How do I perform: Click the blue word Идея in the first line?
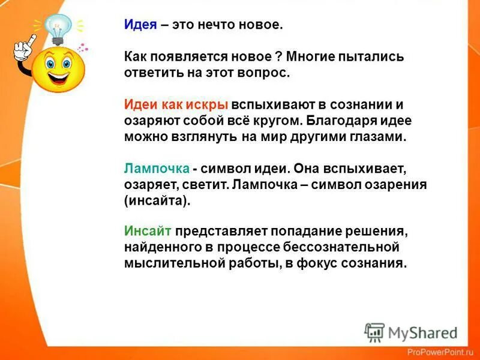click(x=141, y=26)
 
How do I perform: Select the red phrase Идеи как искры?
click(x=172, y=104)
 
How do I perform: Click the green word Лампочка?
click(x=157, y=168)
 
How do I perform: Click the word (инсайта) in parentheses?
click(x=157, y=201)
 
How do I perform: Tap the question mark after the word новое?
click(x=279, y=58)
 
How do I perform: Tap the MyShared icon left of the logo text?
click(x=374, y=332)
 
